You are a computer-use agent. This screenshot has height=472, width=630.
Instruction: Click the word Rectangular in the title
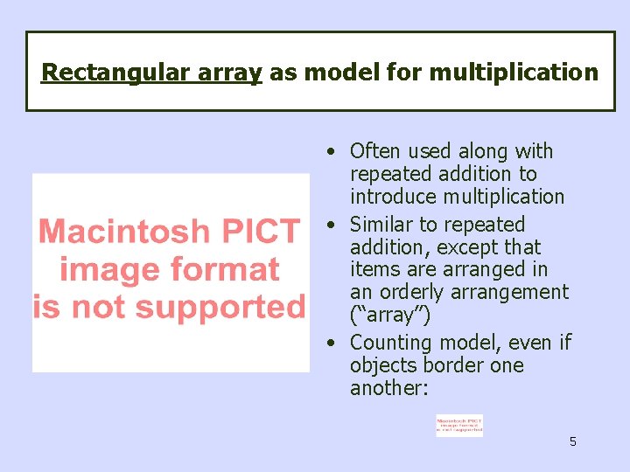point(103,72)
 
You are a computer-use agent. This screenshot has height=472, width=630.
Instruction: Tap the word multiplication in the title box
point(512,72)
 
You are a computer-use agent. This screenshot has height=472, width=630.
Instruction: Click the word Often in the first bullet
point(375,151)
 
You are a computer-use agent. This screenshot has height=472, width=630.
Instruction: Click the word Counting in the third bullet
point(391,343)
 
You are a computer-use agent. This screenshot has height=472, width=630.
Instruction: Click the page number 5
point(573,441)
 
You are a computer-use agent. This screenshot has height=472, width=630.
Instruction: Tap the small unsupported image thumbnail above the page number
point(458,426)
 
